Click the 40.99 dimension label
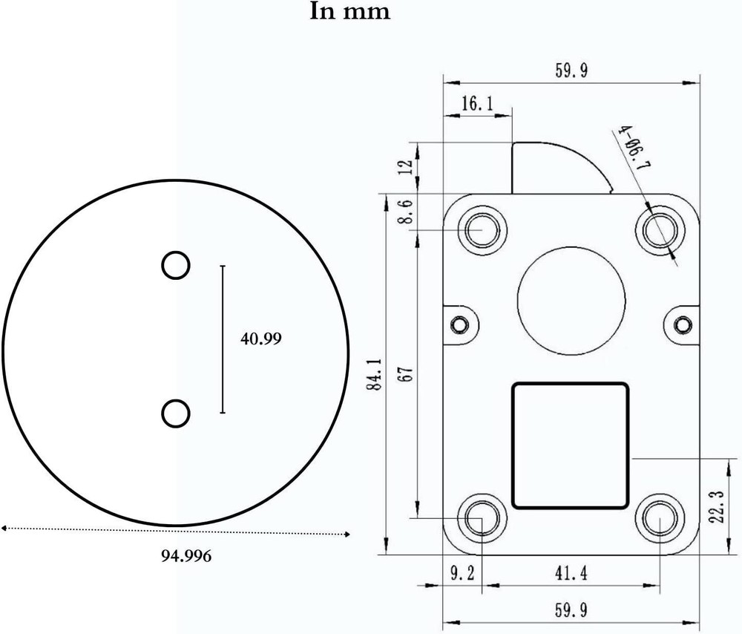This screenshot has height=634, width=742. [260, 339]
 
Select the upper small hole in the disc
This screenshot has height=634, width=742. [176, 265]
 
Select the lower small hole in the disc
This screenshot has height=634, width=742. [176, 413]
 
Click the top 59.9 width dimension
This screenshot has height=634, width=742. [571, 71]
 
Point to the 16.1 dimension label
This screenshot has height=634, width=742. [476, 104]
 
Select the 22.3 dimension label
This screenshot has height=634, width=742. [716, 506]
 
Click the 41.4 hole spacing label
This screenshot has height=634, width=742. [571, 574]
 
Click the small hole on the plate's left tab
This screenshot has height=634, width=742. [460, 324]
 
